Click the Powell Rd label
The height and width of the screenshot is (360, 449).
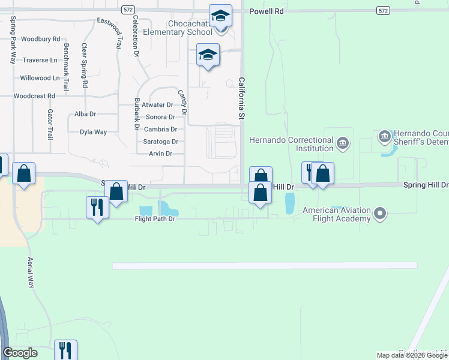(267, 11)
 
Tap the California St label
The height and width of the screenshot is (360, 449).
(243, 98)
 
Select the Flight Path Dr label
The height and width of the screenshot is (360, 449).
(155, 220)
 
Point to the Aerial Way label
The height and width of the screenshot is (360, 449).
(31, 272)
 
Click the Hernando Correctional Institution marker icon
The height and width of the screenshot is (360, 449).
(343, 143)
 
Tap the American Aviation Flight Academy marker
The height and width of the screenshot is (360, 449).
(379, 213)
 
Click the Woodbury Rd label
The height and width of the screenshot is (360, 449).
(40, 39)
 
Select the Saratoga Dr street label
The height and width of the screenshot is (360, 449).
(161, 142)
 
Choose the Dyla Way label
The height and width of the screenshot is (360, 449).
(93, 132)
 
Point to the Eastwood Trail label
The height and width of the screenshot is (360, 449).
(112, 32)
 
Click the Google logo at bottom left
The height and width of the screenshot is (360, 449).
(20, 353)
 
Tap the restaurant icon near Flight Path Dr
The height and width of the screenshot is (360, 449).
(97, 208)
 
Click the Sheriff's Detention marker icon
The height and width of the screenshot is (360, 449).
(385, 137)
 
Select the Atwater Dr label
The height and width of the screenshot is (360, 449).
(157, 105)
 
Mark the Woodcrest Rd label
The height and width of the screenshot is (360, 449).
(34, 95)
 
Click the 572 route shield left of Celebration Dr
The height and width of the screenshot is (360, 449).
(127, 10)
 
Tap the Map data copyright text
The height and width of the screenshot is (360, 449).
(412, 355)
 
